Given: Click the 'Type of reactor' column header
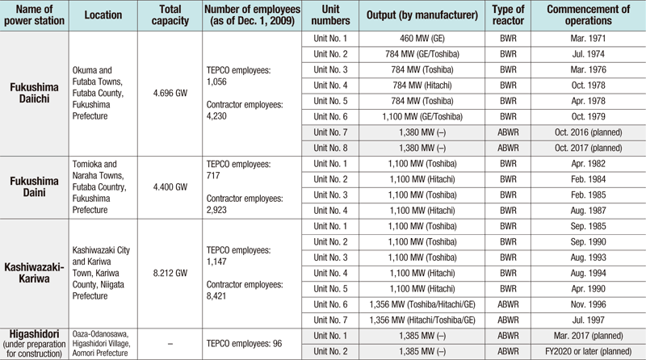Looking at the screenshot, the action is click(x=508, y=15).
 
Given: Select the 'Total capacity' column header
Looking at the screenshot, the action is click(x=170, y=15).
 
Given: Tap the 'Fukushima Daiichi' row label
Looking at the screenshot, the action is click(x=34, y=93).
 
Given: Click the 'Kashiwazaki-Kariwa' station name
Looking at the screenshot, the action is click(x=34, y=273).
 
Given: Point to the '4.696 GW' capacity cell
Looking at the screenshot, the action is click(x=170, y=93).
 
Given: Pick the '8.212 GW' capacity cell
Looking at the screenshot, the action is click(x=170, y=273).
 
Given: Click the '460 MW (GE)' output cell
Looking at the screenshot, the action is click(x=422, y=39).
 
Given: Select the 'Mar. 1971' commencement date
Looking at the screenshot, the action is click(x=589, y=39).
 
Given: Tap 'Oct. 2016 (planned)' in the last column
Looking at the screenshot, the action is click(x=589, y=132).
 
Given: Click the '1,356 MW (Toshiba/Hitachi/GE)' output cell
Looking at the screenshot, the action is click(x=422, y=305).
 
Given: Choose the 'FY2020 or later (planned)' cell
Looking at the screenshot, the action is click(x=589, y=352).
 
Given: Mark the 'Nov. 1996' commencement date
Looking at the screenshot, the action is click(x=589, y=305).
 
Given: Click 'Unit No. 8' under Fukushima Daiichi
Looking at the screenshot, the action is click(x=330, y=149).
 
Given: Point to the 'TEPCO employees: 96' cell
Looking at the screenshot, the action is click(x=245, y=344).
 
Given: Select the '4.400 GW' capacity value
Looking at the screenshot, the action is click(x=170, y=187).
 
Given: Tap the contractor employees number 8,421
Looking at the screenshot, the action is click(x=216, y=296).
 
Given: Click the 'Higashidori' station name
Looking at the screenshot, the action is click(x=34, y=334).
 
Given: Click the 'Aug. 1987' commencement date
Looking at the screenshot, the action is click(x=589, y=211).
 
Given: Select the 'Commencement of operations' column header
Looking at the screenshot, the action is click(x=589, y=15).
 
